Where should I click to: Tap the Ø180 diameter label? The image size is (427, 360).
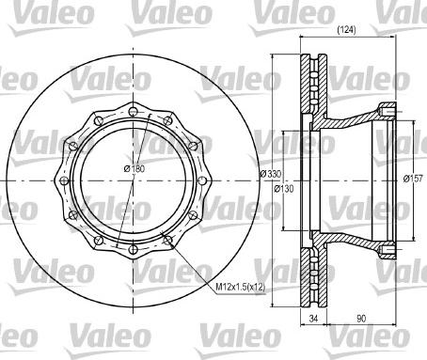(x=136, y=169)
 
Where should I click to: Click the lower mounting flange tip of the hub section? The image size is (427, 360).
(x=387, y=248)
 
